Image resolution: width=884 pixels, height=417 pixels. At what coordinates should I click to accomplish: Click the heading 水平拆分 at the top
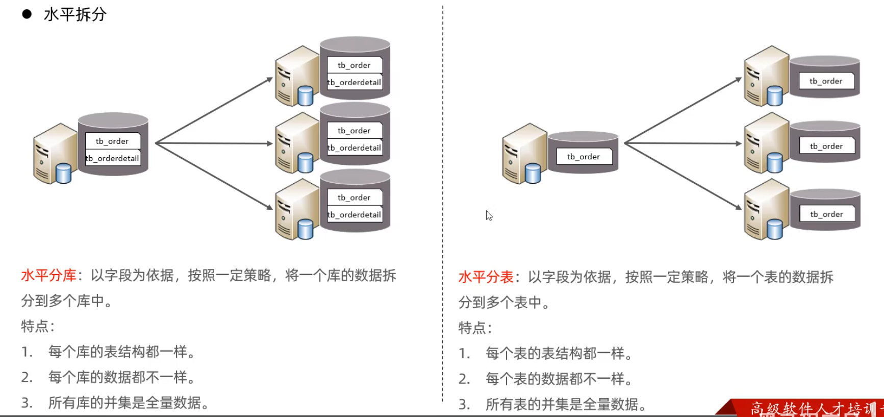(75, 14)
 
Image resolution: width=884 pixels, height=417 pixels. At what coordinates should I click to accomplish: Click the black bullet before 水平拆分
(27, 14)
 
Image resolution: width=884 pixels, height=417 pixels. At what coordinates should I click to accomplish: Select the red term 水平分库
(48, 276)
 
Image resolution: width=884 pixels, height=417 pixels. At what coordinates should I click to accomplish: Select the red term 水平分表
(486, 277)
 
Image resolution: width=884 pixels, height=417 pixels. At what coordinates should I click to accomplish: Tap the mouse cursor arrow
(488, 215)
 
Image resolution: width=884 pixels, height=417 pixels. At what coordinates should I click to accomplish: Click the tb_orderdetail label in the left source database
(112, 158)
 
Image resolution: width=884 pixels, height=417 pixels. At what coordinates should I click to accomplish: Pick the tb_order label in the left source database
(112, 141)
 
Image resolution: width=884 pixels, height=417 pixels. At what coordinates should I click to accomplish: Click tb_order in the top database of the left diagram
(354, 65)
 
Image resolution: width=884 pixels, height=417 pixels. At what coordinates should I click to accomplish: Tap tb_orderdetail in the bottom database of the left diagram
(355, 215)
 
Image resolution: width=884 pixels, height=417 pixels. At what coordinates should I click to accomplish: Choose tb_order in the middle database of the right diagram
(826, 146)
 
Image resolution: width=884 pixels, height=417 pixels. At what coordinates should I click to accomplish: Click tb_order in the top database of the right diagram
(826, 81)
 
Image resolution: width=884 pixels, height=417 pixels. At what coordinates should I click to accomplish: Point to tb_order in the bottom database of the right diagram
(826, 214)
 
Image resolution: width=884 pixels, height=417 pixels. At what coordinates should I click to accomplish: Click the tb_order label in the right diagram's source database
(584, 157)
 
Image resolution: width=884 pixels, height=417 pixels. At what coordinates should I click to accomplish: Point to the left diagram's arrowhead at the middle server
(270, 144)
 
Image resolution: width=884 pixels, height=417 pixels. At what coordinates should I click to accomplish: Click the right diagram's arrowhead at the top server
(738, 80)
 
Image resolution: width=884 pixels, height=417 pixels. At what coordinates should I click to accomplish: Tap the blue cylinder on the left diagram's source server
(64, 173)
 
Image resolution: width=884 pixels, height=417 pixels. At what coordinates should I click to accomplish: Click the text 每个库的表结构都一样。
(122, 352)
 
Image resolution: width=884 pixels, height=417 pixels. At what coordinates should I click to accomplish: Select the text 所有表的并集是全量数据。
(566, 405)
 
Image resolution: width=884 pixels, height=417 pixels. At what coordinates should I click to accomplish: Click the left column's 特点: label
(38, 326)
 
